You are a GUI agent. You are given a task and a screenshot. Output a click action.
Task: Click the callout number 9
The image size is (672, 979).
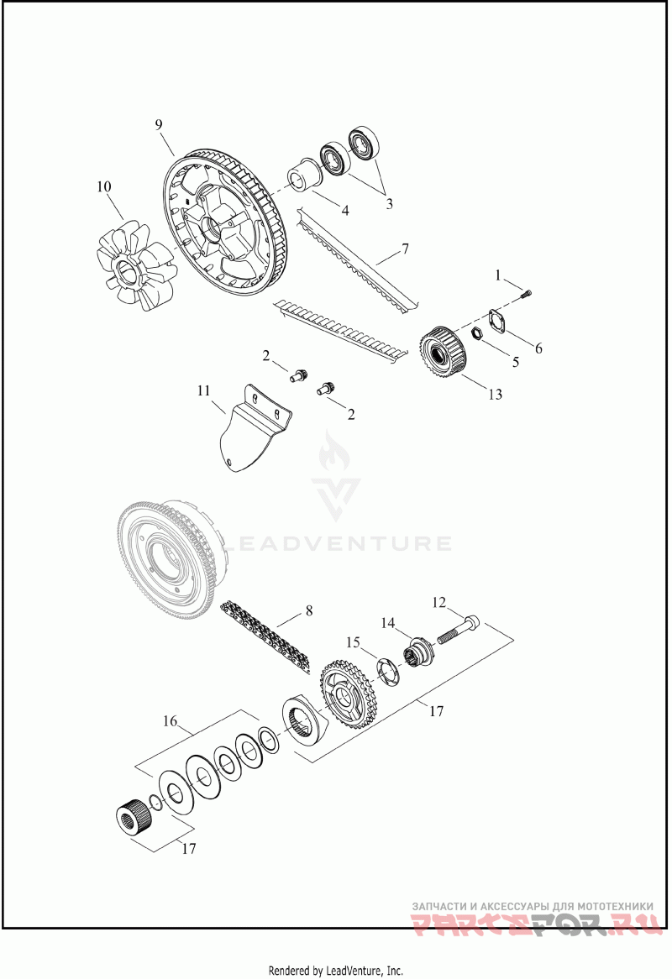coord(159,125)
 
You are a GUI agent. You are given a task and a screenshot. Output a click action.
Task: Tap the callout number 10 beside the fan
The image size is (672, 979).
coord(103,186)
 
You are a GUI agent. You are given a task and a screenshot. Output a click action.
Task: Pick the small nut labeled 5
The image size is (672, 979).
coord(478,333)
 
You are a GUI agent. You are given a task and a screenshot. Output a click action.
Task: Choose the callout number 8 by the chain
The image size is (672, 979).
coord(309,610)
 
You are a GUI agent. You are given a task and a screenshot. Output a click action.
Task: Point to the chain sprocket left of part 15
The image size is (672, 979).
coord(344,696)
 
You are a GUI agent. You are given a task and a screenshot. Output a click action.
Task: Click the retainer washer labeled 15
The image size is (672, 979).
coord(387,671)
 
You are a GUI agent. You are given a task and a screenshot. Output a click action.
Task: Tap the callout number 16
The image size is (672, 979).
coord(170,721)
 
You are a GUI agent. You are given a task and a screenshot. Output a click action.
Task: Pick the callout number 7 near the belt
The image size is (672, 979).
coord(405,249)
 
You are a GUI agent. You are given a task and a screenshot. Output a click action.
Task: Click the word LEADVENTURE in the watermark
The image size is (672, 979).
coord(336,542)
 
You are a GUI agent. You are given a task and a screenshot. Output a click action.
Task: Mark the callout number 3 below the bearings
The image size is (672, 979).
coord(389,203)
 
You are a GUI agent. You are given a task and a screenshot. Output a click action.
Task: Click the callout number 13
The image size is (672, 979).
coord(495,394)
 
